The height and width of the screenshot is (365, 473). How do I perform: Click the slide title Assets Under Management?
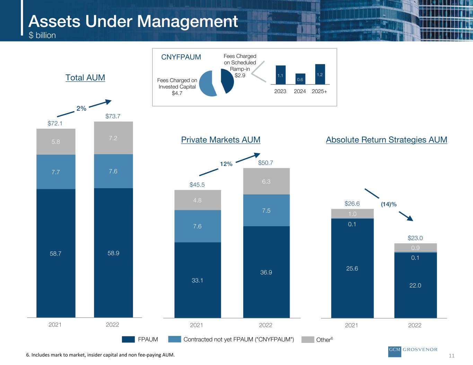pyautogui.click(x=133, y=21)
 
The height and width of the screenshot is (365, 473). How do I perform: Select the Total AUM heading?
pyautogui.click(x=85, y=77)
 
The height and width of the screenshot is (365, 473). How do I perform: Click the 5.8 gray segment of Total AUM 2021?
pyautogui.click(x=56, y=142)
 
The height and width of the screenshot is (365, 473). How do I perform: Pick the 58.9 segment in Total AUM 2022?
pyautogui.click(x=113, y=253)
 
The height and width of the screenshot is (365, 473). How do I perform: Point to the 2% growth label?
pyautogui.click(x=81, y=109)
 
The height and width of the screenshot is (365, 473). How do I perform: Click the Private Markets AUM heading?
pyautogui.click(x=221, y=140)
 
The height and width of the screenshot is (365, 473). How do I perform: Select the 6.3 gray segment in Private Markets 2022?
pyautogui.click(x=266, y=181)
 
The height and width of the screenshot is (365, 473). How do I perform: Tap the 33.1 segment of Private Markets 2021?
pyautogui.click(x=198, y=280)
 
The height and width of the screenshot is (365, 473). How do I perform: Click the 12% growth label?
pyautogui.click(x=226, y=164)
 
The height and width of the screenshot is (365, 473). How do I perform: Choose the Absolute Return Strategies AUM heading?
pyautogui.click(x=386, y=140)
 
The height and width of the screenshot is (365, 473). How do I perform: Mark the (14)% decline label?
pyautogui.click(x=388, y=204)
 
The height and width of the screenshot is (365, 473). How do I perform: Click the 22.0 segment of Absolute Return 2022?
pyautogui.click(x=415, y=285)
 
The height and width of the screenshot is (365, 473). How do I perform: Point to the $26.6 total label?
pyautogui.click(x=352, y=204)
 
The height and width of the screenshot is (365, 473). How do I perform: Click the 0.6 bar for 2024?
pyautogui.click(x=300, y=79)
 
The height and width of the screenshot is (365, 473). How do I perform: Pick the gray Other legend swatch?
pyautogui.click(x=307, y=340)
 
